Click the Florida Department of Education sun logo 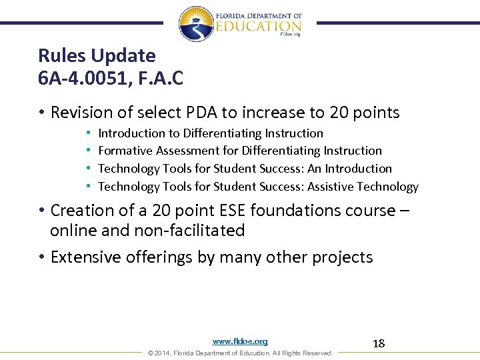196,24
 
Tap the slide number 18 379,343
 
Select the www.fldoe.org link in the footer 240,341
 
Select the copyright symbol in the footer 150,353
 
